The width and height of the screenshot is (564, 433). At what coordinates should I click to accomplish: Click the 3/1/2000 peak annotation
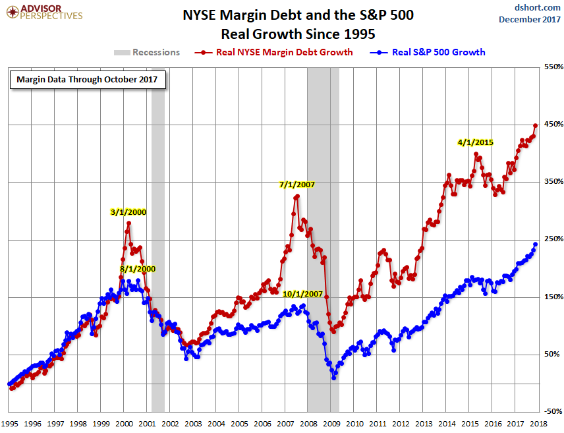[x=128, y=212]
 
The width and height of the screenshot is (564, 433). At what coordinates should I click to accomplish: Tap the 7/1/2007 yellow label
[x=295, y=185]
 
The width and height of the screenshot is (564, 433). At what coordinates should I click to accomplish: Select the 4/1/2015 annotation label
[x=476, y=142]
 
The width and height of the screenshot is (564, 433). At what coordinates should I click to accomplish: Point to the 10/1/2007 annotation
[x=303, y=293]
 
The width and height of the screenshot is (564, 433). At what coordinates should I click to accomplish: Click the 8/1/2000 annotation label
[x=138, y=269]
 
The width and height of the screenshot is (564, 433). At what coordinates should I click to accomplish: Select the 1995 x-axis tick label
[x=9, y=424]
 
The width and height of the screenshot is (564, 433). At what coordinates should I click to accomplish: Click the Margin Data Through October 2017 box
[x=87, y=80]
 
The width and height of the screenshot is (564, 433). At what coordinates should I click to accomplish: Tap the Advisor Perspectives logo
[x=43, y=11]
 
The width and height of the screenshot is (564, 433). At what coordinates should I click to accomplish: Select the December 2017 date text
[x=526, y=19]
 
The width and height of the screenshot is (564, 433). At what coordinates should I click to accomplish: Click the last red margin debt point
[x=536, y=125]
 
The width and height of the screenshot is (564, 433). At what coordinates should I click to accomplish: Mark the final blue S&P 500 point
[x=536, y=244]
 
